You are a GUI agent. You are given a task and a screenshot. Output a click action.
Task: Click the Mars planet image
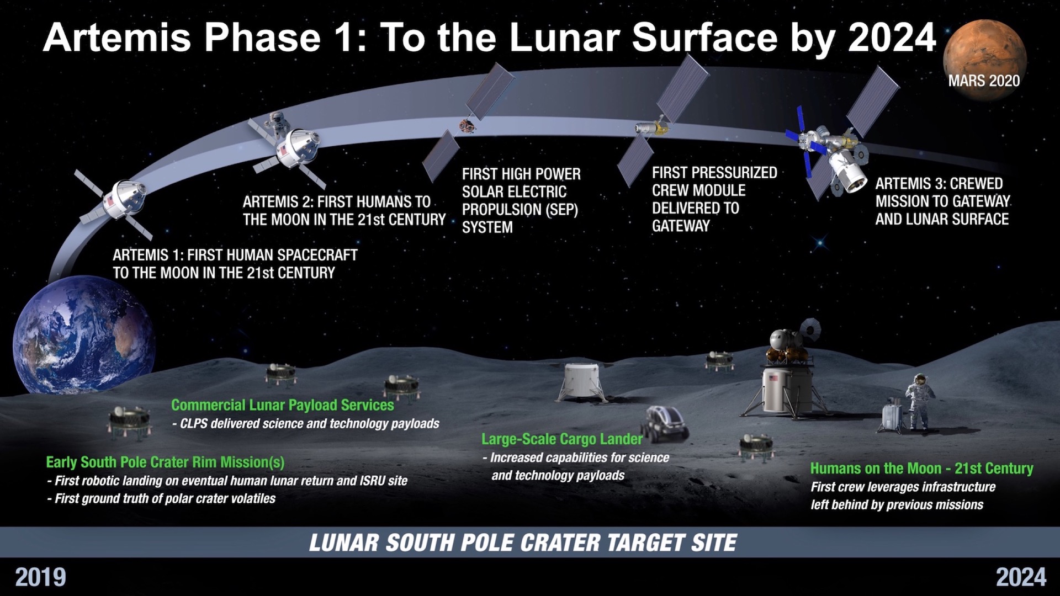(984, 58)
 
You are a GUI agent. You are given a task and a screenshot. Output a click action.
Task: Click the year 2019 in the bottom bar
(40, 577)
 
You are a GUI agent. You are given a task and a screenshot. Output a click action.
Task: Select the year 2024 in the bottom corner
(1021, 577)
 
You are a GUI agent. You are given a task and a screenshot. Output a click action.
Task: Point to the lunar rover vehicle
(664, 423)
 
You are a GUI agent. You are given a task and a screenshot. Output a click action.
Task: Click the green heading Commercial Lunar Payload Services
(282, 405)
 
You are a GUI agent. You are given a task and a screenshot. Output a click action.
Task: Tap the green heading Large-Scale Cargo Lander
(561, 439)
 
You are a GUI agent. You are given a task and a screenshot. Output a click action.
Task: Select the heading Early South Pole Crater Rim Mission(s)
(165, 462)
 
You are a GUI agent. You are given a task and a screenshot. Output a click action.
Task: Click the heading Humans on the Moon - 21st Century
(921, 469)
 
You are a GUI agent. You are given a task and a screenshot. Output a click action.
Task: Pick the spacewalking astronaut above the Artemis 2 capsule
(278, 123)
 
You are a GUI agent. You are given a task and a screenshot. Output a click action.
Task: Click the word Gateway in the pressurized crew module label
(680, 226)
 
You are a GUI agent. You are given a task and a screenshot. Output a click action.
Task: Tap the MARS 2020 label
(984, 81)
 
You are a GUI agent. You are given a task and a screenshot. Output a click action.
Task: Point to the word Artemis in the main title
(116, 38)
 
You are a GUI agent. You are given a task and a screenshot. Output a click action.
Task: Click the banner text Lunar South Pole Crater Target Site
(522, 543)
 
